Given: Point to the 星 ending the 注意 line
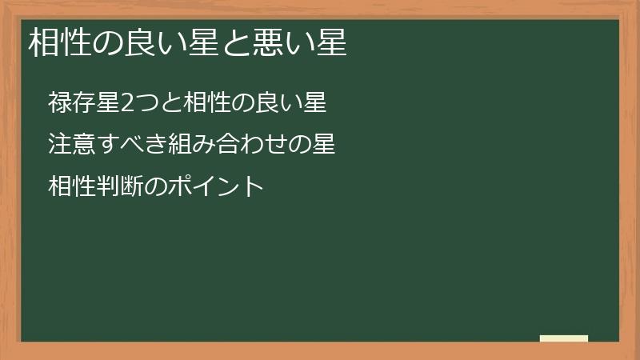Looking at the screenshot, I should (323, 145).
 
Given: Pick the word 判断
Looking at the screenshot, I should (117, 187).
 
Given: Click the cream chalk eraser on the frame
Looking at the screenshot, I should (564, 338).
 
